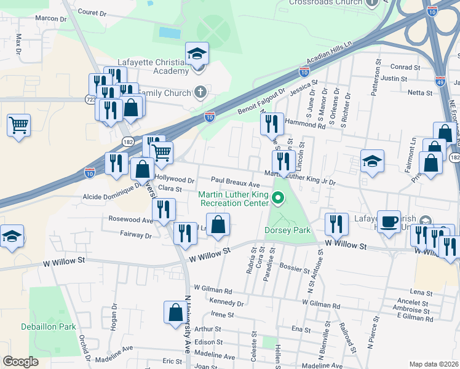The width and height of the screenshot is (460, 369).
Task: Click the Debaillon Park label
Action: point(49,327)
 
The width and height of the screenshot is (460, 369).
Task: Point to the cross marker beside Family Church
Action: point(199,93)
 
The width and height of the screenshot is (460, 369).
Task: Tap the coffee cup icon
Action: point(388,221)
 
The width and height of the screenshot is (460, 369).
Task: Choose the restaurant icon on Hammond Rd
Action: point(272,124)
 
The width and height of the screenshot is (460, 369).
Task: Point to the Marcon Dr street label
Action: point(50,18)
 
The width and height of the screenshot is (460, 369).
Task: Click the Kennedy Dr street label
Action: point(227,303)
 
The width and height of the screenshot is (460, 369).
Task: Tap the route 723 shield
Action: point(90,98)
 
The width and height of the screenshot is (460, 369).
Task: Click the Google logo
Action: point(20,362)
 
